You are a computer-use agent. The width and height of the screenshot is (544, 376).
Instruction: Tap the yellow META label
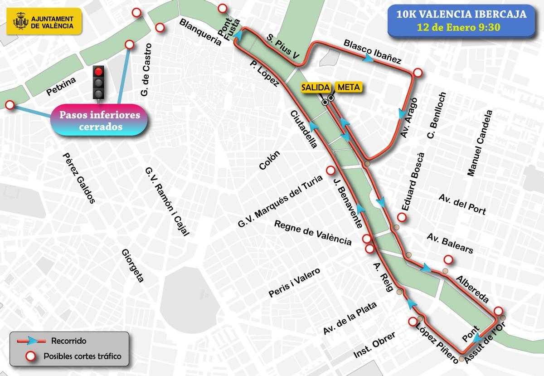[349, 87]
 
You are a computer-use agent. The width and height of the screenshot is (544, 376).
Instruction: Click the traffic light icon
[98, 82]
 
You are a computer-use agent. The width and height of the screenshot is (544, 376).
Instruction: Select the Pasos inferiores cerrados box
[100, 121]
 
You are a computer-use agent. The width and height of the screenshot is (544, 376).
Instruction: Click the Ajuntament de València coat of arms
[20, 21]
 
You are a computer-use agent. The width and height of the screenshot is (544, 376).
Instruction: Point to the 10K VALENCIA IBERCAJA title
[461, 14]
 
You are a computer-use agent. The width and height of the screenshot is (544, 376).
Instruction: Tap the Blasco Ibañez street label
[373, 51]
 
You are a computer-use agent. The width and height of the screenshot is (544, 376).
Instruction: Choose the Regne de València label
[313, 233]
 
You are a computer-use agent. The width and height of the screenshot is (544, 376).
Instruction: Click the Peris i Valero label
[294, 283]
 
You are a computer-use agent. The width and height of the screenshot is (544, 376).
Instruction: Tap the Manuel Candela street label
[479, 143]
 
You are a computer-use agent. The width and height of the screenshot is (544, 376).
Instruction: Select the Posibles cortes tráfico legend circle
[31, 356]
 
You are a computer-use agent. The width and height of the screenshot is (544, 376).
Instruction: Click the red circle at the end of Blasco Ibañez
[418, 73]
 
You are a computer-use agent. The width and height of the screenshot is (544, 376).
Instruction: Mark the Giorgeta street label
[132, 265]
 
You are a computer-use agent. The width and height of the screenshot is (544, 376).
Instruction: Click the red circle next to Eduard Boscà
[401, 217]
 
